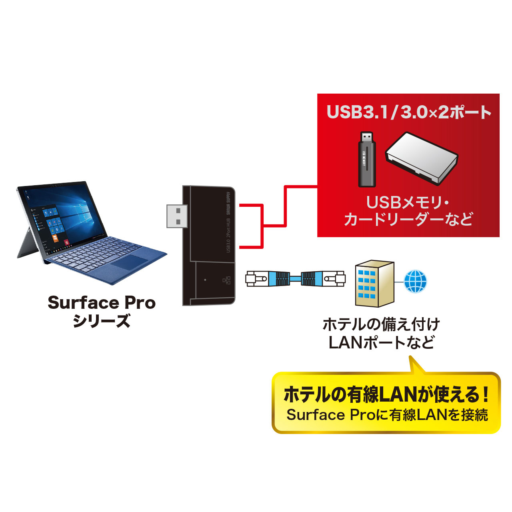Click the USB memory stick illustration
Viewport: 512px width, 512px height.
tap(366, 160)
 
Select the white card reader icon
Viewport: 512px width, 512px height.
tap(421, 158)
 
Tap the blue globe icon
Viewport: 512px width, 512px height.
tap(415, 282)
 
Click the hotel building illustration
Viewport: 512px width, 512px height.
tap(374, 283)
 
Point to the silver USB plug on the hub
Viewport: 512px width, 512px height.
tap(176, 216)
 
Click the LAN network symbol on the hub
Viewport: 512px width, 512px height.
tap(227, 280)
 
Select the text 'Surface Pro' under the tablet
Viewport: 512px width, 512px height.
tap(102, 303)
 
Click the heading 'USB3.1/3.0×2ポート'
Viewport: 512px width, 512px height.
tap(408, 112)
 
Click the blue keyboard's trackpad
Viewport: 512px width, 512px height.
tap(129, 262)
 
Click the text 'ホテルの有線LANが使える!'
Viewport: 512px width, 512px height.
tap(386, 395)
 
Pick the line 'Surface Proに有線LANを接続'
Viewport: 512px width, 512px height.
tap(387, 415)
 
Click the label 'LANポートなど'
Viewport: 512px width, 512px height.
tap(381, 343)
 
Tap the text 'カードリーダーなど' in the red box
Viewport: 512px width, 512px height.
tap(408, 220)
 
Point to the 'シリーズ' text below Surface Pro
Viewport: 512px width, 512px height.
tap(102, 321)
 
